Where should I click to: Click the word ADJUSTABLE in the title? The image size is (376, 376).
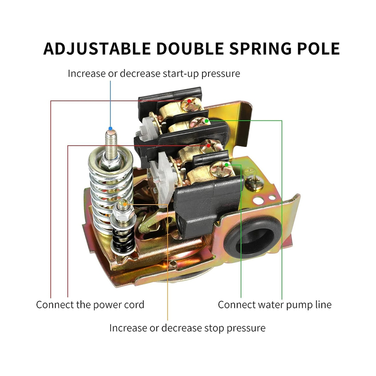(97, 49)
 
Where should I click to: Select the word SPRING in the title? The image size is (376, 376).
(261, 49)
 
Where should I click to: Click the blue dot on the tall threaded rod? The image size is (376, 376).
(110, 128)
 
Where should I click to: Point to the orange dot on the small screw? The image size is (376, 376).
(125, 204)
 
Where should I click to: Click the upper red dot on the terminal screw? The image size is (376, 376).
(189, 101)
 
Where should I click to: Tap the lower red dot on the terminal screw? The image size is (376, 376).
(209, 145)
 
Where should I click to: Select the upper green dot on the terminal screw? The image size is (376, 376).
(207, 121)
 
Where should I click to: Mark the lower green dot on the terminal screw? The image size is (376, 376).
(227, 165)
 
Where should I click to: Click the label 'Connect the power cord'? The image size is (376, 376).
(90, 305)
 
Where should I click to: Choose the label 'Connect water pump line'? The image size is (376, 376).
(275, 305)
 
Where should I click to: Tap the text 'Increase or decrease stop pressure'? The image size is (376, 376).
(188, 328)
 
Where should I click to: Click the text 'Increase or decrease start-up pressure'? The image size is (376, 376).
(154, 73)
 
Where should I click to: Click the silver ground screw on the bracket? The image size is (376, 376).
(254, 182)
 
